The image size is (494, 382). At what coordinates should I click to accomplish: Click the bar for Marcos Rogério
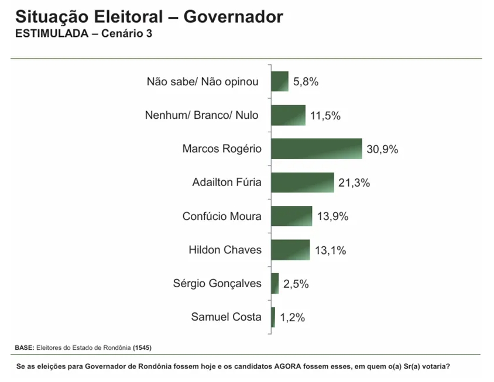(316, 149)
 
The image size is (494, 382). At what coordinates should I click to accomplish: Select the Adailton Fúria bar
(302, 183)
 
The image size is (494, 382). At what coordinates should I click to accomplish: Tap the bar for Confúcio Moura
(291, 216)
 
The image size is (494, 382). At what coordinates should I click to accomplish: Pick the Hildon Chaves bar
(290, 250)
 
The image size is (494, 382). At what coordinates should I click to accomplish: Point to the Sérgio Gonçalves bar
(275, 284)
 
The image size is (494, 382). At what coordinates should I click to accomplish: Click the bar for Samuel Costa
(273, 317)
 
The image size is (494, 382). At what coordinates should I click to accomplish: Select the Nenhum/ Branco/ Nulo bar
(288, 115)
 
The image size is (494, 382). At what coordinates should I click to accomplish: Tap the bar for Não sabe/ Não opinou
(280, 81)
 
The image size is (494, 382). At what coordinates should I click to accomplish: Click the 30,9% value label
(383, 149)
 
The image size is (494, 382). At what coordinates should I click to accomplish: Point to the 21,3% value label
(354, 183)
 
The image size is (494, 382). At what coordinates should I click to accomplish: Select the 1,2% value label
(292, 318)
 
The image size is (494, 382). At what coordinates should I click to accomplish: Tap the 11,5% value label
(325, 116)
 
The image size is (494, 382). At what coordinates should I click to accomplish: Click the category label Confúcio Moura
(222, 216)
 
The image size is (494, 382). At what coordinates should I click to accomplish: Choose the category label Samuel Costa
(226, 317)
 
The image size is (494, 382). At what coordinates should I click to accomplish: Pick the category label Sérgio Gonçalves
(217, 284)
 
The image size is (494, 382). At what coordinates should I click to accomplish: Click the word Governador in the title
(233, 16)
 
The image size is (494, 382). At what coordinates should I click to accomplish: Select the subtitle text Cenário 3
(126, 33)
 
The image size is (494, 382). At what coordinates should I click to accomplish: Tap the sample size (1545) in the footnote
(142, 347)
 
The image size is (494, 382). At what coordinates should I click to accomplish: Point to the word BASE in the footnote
(24, 347)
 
